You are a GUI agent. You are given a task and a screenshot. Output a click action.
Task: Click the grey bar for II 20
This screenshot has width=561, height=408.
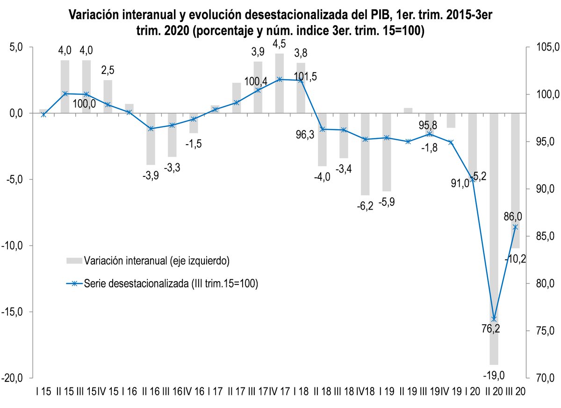coord(494,239)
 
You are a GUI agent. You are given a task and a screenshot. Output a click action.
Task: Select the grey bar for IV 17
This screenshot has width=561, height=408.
coord(280,83)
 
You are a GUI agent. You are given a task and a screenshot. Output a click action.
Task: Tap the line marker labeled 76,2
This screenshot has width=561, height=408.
coord(494,319)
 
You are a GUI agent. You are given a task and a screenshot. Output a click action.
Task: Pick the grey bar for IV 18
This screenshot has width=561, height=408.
coord(365,154)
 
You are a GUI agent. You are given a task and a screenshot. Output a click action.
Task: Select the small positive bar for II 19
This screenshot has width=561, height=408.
coord(408,110)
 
